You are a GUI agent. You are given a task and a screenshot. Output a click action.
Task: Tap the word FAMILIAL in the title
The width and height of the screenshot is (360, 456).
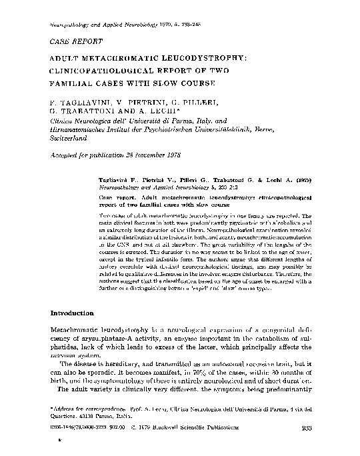tap(71, 85)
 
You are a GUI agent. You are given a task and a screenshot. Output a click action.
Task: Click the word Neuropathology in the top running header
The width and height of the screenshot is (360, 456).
tap(72, 24)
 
